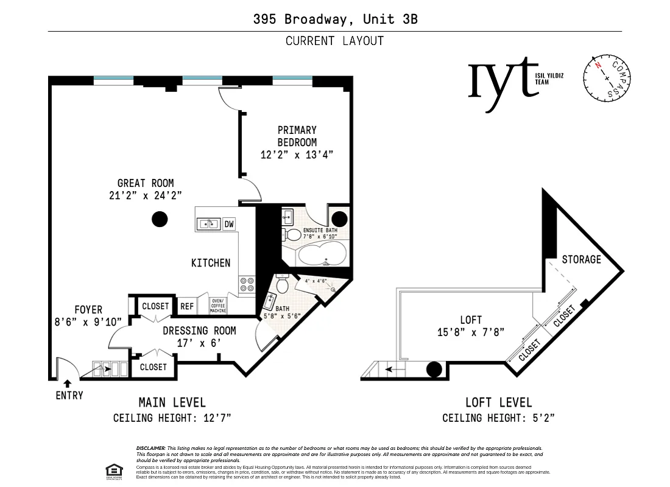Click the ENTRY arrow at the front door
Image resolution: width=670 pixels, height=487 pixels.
pyautogui.click(x=67, y=384)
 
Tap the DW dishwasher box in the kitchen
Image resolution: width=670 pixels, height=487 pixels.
pyautogui.click(x=229, y=224)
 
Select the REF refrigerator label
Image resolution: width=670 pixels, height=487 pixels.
pyautogui.click(x=187, y=306)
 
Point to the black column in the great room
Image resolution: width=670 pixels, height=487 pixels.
pyautogui.click(x=160, y=219)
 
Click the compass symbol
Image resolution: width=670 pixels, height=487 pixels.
pyautogui.click(x=607, y=78)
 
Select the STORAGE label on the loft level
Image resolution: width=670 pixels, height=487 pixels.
pyautogui.click(x=581, y=259)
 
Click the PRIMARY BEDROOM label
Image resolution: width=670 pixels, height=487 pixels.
pyautogui.click(x=297, y=136)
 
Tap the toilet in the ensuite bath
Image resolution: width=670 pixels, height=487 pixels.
pyautogui.click(x=293, y=234)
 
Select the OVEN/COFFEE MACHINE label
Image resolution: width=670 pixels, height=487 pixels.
pyautogui.click(x=218, y=306)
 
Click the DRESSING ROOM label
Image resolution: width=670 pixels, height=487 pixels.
pyautogui.click(x=199, y=331)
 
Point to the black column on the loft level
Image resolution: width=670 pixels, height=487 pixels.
pyautogui.click(x=434, y=369)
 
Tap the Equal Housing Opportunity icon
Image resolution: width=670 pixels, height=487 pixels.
pyautogui.click(x=113, y=471)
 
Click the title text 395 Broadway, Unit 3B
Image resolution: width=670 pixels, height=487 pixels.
pyautogui.click(x=335, y=19)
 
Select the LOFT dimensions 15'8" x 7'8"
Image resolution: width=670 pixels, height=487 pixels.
pyautogui.click(x=471, y=332)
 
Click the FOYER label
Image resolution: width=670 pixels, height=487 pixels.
pyautogui.click(x=88, y=310)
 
